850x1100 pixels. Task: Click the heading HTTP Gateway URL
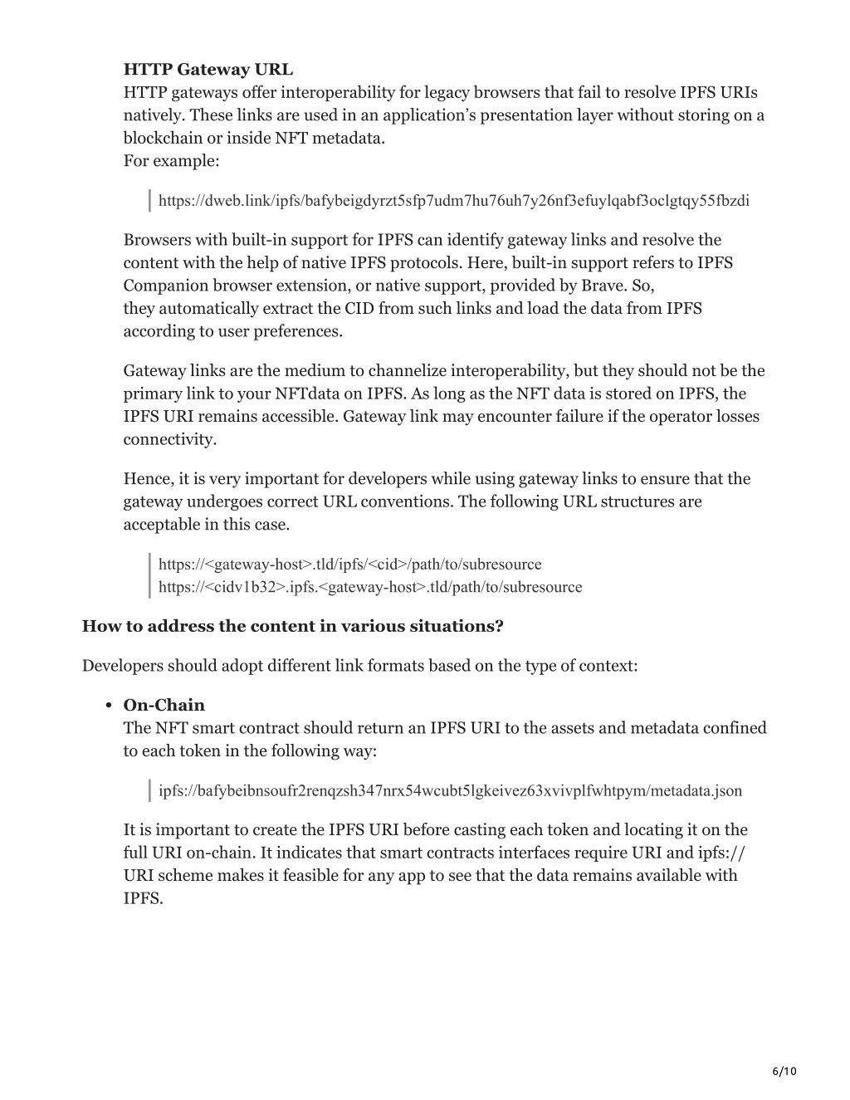coord(208,69)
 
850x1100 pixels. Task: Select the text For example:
coord(171,160)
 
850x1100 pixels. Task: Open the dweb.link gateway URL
coord(453,200)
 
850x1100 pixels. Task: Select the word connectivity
coord(169,439)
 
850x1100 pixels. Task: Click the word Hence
coord(147,478)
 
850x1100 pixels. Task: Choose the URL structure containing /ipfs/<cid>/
coord(349,565)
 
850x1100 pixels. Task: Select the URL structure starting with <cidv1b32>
coord(370,587)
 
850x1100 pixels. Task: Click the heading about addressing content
coord(292,626)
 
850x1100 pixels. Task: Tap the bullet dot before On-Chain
coord(109,706)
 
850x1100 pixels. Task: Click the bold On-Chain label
coord(164,705)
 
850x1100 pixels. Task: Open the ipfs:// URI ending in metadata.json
coord(450,790)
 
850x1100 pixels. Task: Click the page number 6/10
coord(784,1071)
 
